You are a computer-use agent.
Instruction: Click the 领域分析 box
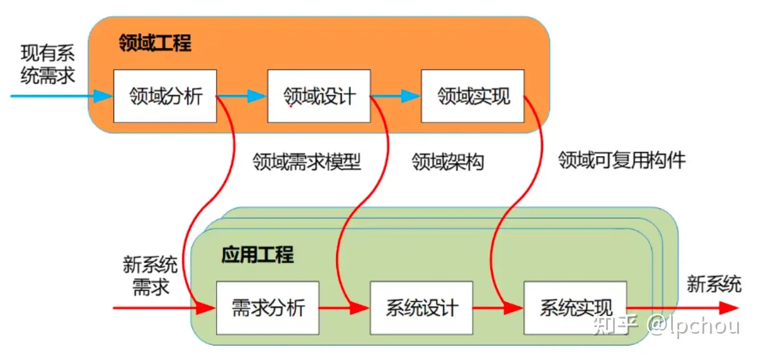click(165, 96)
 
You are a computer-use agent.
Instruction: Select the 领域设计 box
click(318, 96)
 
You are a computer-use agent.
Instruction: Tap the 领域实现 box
click(472, 96)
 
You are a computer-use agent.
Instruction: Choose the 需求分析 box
click(267, 308)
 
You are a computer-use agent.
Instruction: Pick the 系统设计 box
click(421, 308)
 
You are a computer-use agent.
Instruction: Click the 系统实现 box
click(575, 308)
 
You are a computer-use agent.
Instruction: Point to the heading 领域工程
click(155, 43)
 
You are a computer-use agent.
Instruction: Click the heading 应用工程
click(258, 255)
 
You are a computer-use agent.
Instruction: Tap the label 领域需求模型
click(307, 162)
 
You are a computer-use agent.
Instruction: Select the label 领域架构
click(448, 162)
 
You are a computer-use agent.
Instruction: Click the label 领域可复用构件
click(622, 160)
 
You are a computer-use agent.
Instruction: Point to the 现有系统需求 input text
click(48, 64)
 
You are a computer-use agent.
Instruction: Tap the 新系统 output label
click(714, 284)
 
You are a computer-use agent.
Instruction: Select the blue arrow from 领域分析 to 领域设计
click(242, 96)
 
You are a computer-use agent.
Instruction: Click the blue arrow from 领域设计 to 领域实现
click(395, 96)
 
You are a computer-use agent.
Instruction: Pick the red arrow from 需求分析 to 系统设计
click(344, 308)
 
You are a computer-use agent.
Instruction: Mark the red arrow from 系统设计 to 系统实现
click(498, 308)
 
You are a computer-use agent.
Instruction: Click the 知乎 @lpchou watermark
click(667, 326)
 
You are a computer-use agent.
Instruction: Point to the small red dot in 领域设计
click(291, 105)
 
